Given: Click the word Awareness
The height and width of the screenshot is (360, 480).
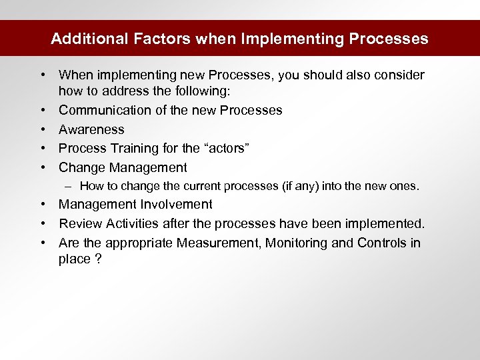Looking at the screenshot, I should [x=91, y=129].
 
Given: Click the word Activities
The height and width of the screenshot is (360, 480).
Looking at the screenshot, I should [x=133, y=223].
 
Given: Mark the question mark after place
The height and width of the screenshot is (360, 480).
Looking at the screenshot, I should [x=98, y=259].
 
